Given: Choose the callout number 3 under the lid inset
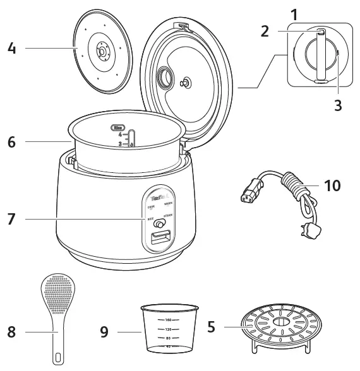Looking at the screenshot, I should (x=338, y=105).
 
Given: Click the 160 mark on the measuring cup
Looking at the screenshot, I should (x=169, y=320).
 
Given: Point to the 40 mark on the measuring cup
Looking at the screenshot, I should (x=169, y=346).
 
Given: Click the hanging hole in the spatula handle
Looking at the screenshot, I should (x=58, y=357).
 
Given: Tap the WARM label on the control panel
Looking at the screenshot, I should (x=169, y=204).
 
